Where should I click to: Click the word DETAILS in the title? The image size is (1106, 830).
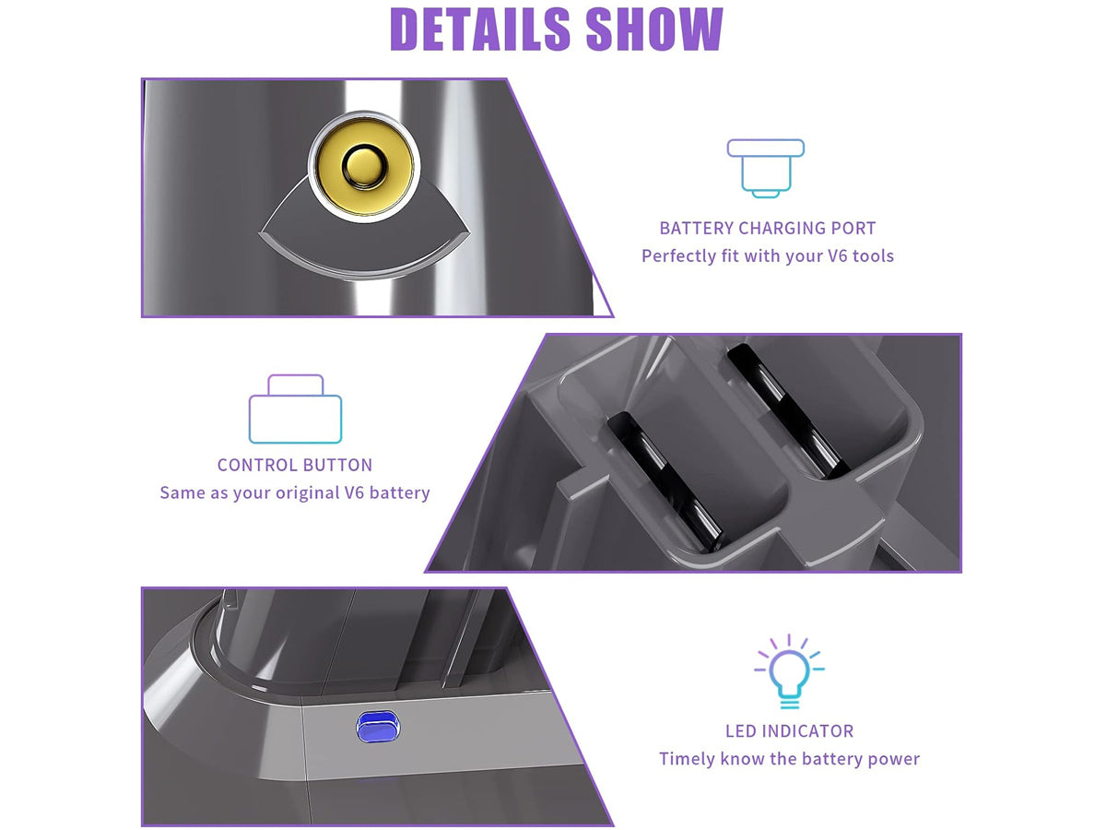(x=479, y=29)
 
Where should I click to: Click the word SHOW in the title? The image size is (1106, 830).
(x=654, y=29)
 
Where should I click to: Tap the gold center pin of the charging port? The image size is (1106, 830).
(x=362, y=166)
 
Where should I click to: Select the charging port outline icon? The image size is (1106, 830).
(x=765, y=168)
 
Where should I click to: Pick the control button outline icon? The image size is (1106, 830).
(x=295, y=409)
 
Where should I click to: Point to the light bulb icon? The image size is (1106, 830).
(x=789, y=670)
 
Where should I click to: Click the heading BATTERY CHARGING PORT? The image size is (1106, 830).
(x=768, y=229)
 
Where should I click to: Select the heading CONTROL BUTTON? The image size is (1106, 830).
(x=295, y=465)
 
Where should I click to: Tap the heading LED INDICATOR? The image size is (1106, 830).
(x=790, y=730)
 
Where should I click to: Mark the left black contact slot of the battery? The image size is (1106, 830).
(x=665, y=481)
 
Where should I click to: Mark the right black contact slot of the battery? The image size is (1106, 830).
(x=787, y=410)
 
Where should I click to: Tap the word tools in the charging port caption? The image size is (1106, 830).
(x=873, y=255)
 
